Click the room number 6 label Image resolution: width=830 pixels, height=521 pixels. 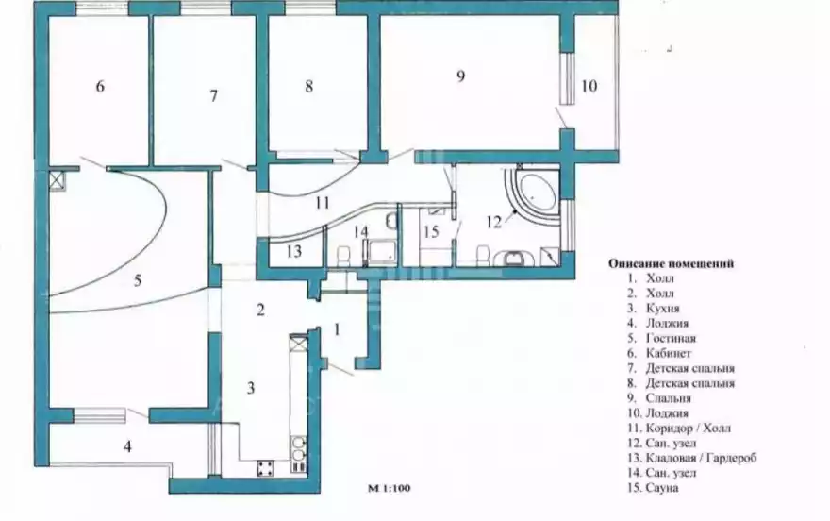point(100,86)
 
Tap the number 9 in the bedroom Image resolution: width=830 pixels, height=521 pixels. point(460,76)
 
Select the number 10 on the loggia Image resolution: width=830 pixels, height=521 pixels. point(589,86)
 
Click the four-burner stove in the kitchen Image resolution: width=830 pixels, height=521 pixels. point(266,468)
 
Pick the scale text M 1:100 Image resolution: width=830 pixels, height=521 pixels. point(389,488)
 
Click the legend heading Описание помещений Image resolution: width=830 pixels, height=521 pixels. point(672,263)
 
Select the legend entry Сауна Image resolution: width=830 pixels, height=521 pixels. point(662,488)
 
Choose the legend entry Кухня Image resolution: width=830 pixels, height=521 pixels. point(663,308)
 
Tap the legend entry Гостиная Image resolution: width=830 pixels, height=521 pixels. point(672,338)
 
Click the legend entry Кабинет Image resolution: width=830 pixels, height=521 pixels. point(669,353)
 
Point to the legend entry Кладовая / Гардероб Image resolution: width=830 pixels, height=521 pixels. point(702,458)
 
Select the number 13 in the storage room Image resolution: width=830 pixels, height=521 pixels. point(293,251)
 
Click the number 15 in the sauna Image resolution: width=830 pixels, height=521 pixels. point(431,231)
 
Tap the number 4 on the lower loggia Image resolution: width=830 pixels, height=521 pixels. point(127,446)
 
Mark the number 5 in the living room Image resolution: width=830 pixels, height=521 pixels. point(138,280)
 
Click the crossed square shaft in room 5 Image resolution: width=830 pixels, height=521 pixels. point(57,180)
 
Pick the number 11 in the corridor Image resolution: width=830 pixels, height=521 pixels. point(323,203)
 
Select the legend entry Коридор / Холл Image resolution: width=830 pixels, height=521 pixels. point(689,428)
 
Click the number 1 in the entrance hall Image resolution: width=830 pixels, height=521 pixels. point(337,329)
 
